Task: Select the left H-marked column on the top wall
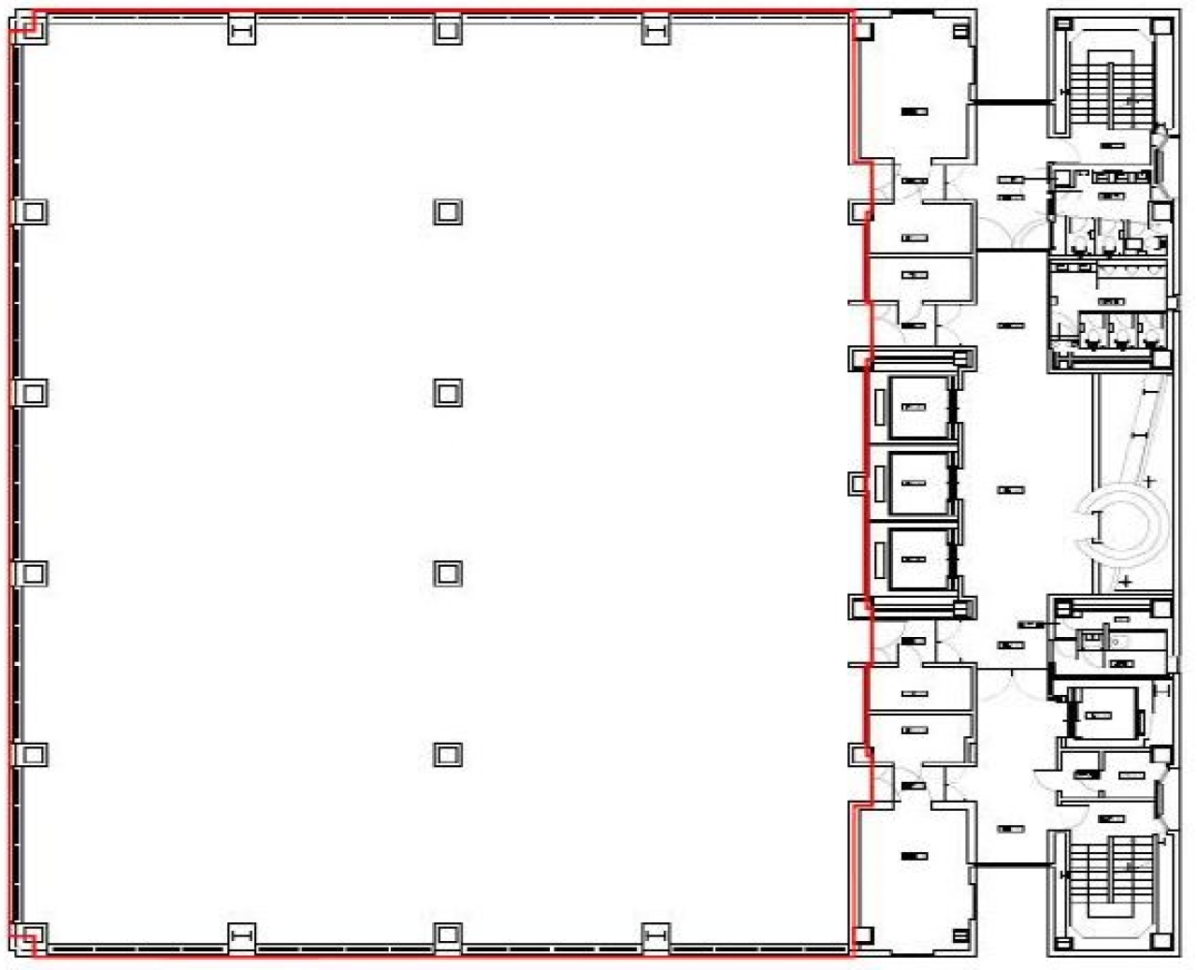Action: pyautogui.click(x=241, y=31)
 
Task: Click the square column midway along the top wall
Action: pyautogui.click(x=448, y=31)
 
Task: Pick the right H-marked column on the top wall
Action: pyautogui.click(x=656, y=31)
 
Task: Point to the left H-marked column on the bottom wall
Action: pyautogui.click(x=241, y=935)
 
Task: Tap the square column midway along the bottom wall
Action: pyautogui.click(x=448, y=935)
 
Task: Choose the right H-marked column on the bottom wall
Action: pyautogui.click(x=656, y=935)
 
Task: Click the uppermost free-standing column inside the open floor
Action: pyautogui.click(x=448, y=211)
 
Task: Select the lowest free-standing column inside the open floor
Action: pyautogui.click(x=448, y=754)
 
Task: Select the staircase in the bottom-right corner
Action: pyautogui.click(x=1112, y=889)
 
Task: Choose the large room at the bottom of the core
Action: pyautogui.click(x=913, y=870)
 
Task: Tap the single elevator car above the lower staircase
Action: pyautogui.click(x=1103, y=715)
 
